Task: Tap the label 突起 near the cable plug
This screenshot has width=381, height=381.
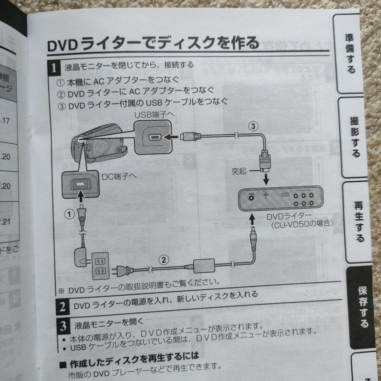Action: [239, 171]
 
